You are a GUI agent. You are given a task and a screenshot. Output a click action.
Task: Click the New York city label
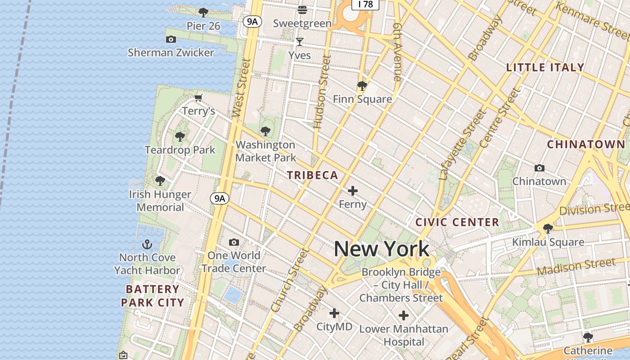pos(382,249)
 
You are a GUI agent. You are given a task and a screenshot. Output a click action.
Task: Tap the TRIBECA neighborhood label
pos(313,175)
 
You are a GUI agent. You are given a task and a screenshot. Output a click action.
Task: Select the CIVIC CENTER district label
pos(457,222)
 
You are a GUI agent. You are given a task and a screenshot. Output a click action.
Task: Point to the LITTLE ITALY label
pos(545,67)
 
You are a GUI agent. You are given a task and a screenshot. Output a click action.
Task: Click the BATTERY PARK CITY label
pos(153,296)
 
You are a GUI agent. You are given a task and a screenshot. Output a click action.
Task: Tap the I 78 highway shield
pos(365,4)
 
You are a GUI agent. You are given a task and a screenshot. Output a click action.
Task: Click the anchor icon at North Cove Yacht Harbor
pos(147,245)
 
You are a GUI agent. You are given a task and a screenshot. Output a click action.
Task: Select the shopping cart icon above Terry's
pos(198,98)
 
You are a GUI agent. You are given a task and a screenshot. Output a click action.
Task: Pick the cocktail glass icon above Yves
pos(300,42)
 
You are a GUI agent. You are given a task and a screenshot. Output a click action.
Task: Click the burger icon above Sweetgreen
pos(302,9)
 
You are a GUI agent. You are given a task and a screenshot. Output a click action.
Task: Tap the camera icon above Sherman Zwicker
pos(171,40)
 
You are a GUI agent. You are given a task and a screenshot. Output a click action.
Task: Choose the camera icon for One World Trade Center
pos(234,243)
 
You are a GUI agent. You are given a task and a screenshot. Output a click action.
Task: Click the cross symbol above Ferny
pos(353,191)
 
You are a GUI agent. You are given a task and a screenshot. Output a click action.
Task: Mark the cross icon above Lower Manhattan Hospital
pos(404,315)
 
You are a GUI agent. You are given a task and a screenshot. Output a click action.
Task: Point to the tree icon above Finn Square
pos(362,85)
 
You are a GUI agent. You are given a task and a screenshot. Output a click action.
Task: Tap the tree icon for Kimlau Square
pos(548,229)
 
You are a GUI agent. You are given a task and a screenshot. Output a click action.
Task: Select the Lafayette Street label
pos(462,145)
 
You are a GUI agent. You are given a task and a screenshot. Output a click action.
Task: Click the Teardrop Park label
pos(180,150)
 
